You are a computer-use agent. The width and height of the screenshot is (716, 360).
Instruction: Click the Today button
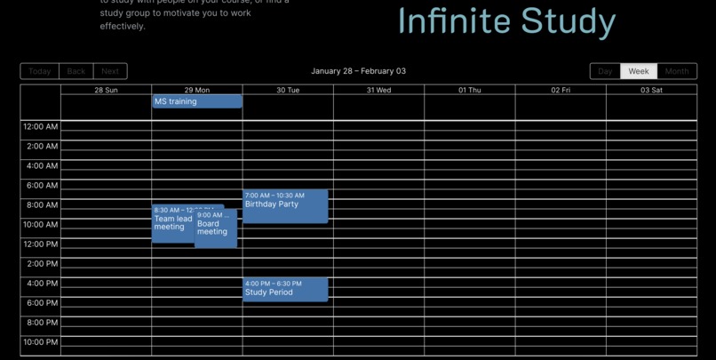pyautogui.click(x=39, y=71)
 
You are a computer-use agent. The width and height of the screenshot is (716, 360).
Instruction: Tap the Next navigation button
pyautogui.click(x=110, y=71)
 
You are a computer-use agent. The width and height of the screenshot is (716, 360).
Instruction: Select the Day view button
pyautogui.click(x=605, y=71)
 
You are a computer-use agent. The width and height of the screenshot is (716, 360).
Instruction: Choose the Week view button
pyautogui.click(x=639, y=71)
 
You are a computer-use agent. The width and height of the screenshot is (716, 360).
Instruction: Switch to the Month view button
pyautogui.click(x=677, y=71)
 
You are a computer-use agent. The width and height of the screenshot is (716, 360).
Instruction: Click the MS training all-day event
pyautogui.click(x=196, y=101)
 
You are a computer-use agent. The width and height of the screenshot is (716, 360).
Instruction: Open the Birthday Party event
pyautogui.click(x=285, y=206)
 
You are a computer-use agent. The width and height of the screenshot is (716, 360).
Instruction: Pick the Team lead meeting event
pyautogui.click(x=172, y=225)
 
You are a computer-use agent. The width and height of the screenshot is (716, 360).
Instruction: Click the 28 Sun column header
pyautogui.click(x=106, y=90)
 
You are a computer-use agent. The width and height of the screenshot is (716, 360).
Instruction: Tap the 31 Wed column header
pyautogui.click(x=378, y=90)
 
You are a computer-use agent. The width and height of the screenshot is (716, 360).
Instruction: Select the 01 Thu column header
pyautogui.click(x=470, y=90)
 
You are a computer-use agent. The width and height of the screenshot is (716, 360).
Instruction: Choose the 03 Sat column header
pyautogui.click(x=651, y=90)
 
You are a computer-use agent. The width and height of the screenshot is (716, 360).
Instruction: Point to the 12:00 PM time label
pyautogui.click(x=41, y=244)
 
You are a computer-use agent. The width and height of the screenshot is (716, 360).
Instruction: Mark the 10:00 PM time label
pyautogui.click(x=41, y=342)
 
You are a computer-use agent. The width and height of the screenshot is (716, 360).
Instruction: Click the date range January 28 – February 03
pyautogui.click(x=358, y=71)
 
